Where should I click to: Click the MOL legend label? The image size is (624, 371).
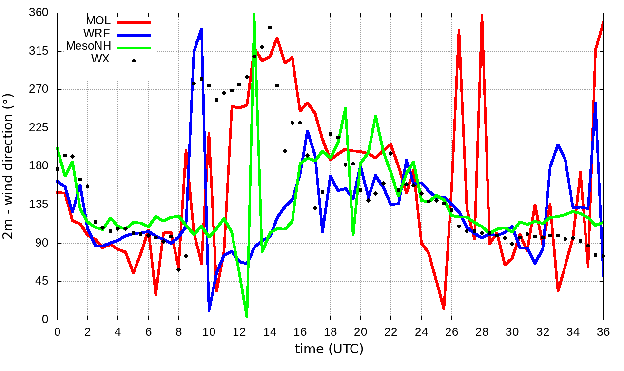click(x=98, y=21)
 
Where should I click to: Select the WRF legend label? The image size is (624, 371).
click(x=97, y=34)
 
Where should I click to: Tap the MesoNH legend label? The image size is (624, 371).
click(x=88, y=46)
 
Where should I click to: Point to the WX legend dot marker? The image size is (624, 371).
click(x=134, y=61)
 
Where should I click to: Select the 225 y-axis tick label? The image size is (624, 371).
click(x=39, y=128)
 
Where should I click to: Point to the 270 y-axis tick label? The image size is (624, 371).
click(x=39, y=89)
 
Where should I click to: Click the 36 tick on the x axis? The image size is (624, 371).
click(x=603, y=331)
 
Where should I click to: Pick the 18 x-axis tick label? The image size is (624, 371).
click(x=330, y=331)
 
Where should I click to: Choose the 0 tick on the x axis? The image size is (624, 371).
click(x=57, y=331)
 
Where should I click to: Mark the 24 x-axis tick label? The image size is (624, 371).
click(x=421, y=331)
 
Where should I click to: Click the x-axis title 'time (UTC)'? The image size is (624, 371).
click(x=330, y=349)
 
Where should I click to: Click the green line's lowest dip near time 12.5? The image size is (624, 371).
click(x=247, y=317)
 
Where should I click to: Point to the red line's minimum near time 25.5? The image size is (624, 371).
click(x=444, y=309)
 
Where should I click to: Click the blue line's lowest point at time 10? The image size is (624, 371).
click(x=209, y=310)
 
